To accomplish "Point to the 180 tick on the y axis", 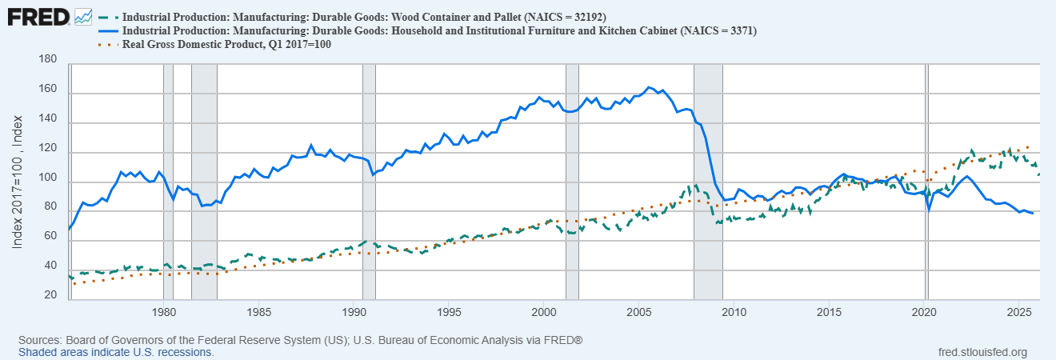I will [47, 60].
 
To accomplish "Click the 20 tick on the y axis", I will [50, 296].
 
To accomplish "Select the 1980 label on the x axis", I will [163, 311].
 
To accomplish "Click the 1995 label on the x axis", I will [449, 311].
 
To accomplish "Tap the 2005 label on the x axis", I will [638, 311].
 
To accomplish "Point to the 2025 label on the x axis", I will [1018, 311].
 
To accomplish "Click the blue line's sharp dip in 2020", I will [929, 210].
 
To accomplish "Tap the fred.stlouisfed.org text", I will [982, 352].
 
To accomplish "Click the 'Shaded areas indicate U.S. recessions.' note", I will [116, 352].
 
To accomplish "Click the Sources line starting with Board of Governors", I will [300, 340].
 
